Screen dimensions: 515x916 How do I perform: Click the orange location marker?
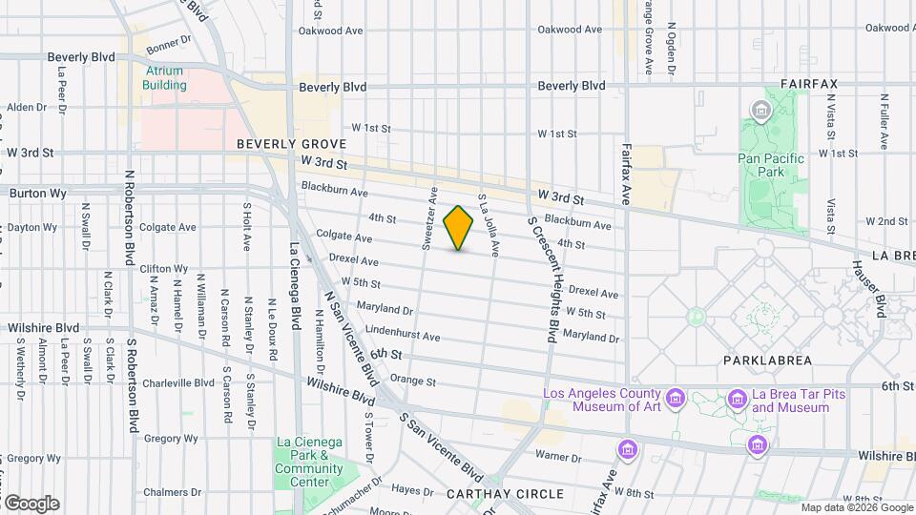[x=459, y=228]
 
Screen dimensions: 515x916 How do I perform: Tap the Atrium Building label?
[x=165, y=78]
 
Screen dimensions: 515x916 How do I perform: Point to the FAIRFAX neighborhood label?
[x=808, y=84]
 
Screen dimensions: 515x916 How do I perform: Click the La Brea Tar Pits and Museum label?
[x=790, y=401]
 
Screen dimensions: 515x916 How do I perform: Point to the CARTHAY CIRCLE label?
[x=505, y=494]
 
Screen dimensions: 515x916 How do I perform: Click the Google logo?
[x=31, y=503]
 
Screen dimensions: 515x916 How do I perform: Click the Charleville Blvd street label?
[x=178, y=383]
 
